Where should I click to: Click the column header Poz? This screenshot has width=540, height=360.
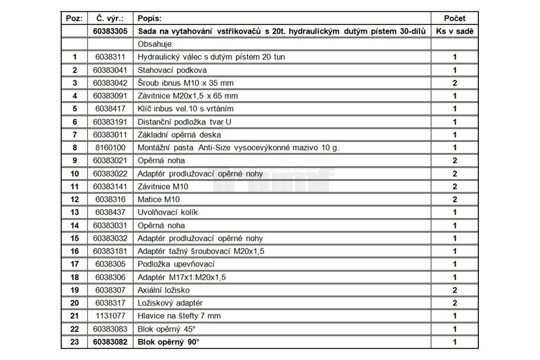click(74, 18)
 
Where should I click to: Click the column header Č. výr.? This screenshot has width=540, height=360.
click(110, 18)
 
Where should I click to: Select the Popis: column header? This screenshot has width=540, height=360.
click(149, 18)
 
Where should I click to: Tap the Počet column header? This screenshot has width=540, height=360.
click(454, 18)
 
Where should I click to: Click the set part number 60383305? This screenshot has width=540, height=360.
click(110, 31)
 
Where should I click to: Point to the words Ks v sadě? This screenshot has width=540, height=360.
click(454, 31)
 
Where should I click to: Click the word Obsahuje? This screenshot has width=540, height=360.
click(156, 44)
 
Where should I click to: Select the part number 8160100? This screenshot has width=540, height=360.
click(110, 148)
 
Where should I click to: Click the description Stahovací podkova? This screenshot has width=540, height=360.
click(172, 70)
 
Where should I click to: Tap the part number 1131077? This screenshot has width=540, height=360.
click(110, 316)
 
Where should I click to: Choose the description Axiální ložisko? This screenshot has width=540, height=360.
click(163, 290)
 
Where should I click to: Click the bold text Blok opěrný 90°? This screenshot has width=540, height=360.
click(168, 342)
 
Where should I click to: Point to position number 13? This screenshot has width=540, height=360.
click(74, 212)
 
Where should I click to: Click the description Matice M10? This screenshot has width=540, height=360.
click(158, 199)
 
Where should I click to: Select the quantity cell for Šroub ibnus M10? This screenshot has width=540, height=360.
click(454, 83)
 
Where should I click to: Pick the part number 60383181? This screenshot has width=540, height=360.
click(110, 251)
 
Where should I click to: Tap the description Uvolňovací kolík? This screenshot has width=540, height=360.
click(167, 212)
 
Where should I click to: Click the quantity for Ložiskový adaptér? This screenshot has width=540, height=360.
click(454, 303)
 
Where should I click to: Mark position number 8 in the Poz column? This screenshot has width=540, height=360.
click(74, 148)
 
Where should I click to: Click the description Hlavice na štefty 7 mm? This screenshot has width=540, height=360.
click(179, 316)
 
